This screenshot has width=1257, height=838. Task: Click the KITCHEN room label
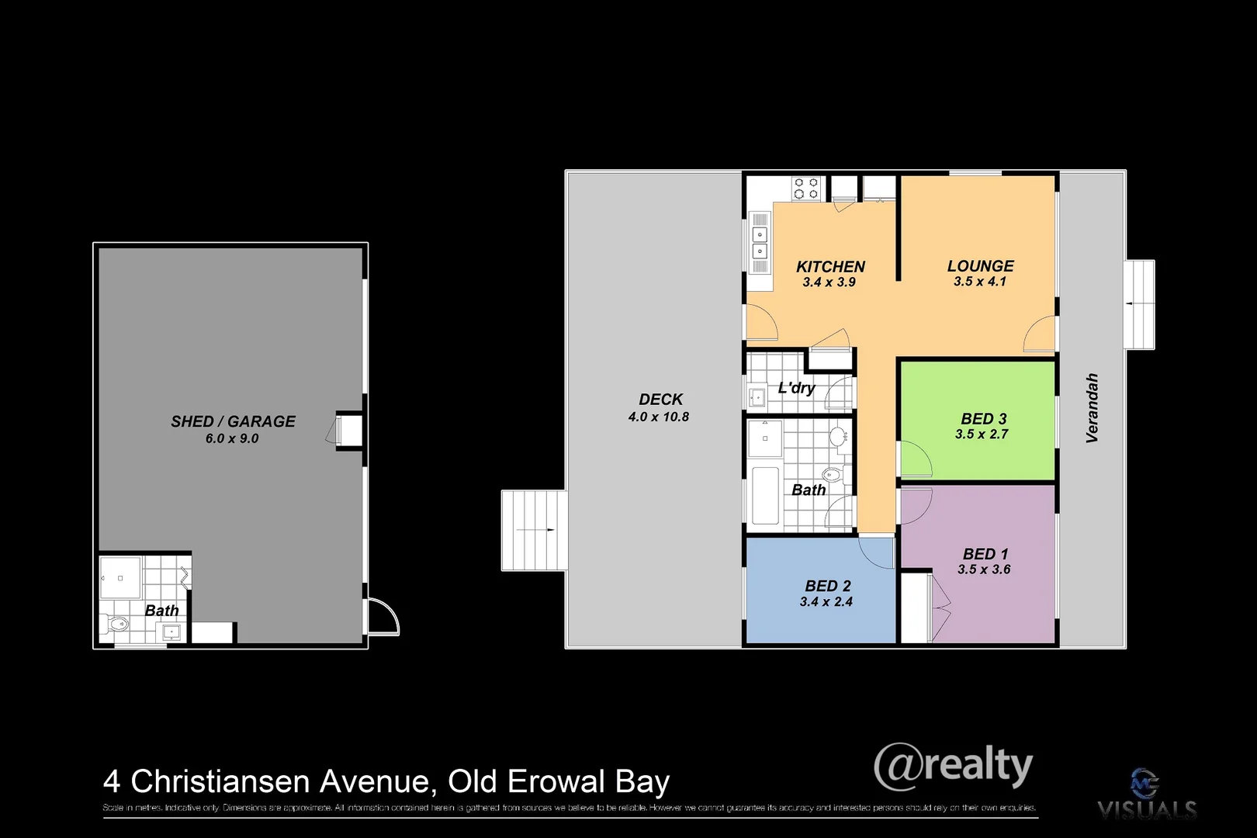[x=829, y=266]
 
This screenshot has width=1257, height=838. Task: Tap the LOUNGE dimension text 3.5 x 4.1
[x=979, y=282]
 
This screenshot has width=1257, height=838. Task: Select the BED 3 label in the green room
[x=983, y=419]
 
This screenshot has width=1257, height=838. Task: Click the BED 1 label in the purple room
[x=985, y=553]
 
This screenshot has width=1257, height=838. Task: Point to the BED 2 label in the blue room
[x=827, y=586]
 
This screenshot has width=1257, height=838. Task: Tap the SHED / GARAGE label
[x=233, y=421]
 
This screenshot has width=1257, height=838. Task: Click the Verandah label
[x=1092, y=408]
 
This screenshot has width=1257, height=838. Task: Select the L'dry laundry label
[x=796, y=388]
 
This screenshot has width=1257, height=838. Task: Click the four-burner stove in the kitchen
[x=805, y=188]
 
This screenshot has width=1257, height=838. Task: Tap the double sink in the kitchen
[x=760, y=242]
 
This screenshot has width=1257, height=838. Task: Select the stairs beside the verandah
[x=1139, y=304]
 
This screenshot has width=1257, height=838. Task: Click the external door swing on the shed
[x=383, y=618]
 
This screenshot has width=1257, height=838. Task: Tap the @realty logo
[x=953, y=767]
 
